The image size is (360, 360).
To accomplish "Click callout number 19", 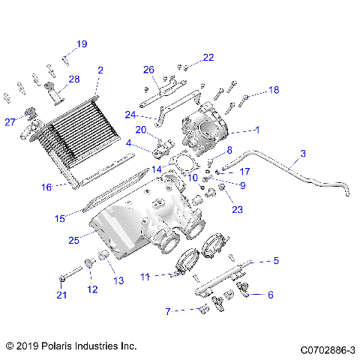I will point(82,44).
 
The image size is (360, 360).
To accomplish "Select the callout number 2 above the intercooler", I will point(100,70).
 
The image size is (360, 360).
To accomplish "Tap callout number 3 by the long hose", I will point(302,154).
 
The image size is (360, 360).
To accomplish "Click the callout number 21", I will point(61,295).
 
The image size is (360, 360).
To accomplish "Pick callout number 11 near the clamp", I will point(145,277).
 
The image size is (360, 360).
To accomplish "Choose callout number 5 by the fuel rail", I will point(276,262).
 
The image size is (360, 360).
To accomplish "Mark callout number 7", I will point(169,310).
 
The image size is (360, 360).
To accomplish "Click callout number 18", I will point(274,90).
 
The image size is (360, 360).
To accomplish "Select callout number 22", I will point(208,57).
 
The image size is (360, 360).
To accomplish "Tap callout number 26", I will point(148,70).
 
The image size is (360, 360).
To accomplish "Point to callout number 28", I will point(74,79).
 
